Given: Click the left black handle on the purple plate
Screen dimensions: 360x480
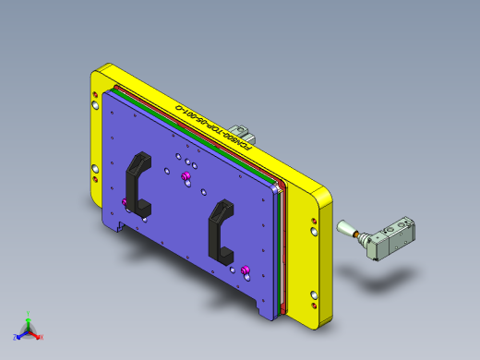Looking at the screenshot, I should tap(136, 180).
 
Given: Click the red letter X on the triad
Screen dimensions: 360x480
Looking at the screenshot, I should tap(42, 337).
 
